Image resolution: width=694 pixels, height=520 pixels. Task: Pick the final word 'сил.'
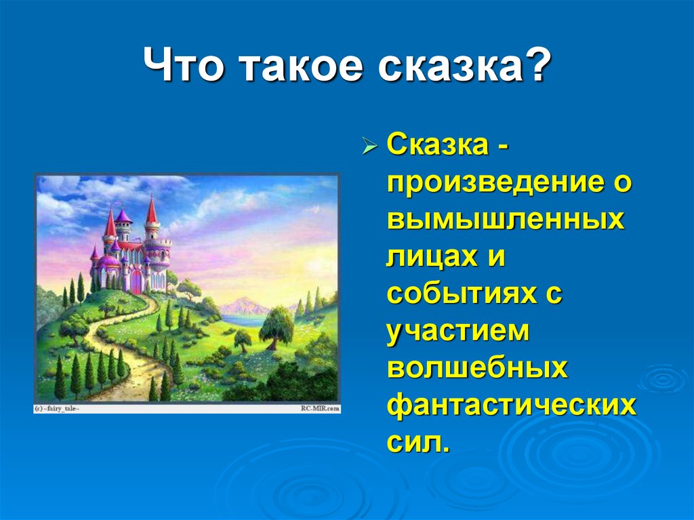pyautogui.click(x=418, y=444)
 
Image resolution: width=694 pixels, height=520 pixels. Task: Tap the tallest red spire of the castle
pyautogui.click(x=151, y=209)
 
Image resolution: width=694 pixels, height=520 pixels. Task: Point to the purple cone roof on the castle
pyautogui.click(x=123, y=216)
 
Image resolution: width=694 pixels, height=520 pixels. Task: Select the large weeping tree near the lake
pyautogui.click(x=277, y=327)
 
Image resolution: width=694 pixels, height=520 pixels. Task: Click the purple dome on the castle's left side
pyautogui.click(x=108, y=260)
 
